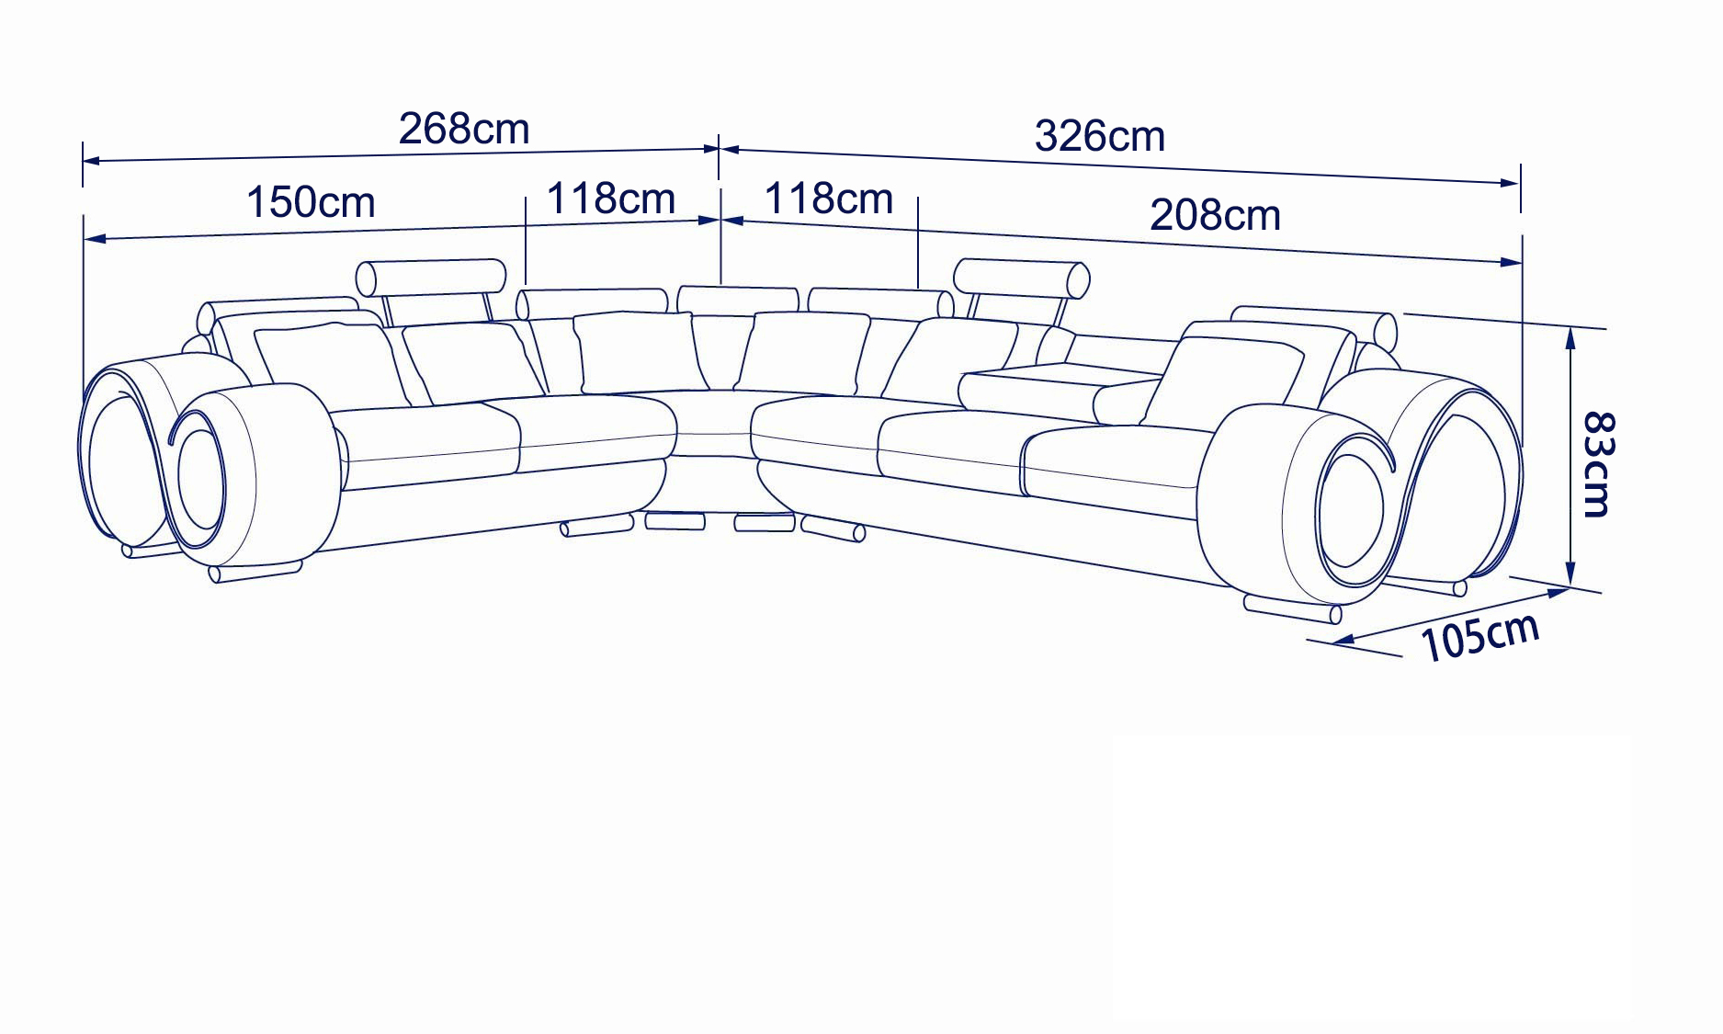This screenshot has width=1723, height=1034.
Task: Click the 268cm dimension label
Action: (x=464, y=130)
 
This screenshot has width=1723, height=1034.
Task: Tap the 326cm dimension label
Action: (x=1100, y=136)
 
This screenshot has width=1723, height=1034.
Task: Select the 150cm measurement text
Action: (x=311, y=202)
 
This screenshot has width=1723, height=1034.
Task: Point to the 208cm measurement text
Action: (x=1215, y=215)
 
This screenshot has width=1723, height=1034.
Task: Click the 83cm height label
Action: (x=1598, y=464)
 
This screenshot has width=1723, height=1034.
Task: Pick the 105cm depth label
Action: (x=1479, y=636)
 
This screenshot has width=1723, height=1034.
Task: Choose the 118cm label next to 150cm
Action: (x=611, y=199)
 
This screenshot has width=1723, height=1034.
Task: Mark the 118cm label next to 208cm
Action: (x=829, y=199)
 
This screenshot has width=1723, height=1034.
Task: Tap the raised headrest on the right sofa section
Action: (x=1021, y=278)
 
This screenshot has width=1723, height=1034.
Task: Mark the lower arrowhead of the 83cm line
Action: (x=1570, y=573)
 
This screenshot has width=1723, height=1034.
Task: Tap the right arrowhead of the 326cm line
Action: (x=1510, y=183)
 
